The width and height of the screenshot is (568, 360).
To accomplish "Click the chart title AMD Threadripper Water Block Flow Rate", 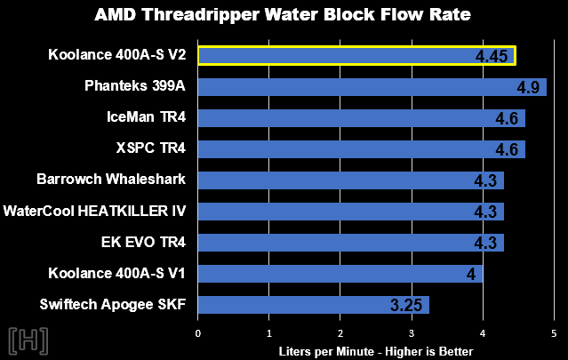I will pos(284,15).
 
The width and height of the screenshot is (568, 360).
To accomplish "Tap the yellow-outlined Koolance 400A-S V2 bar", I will pos(356,56).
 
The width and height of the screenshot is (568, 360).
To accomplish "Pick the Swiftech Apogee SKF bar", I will pos(313,305).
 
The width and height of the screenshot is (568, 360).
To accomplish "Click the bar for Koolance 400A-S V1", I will pos(340,274).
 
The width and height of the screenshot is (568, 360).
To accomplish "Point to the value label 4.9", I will pos(530,87).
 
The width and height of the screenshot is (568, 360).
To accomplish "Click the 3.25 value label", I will pos(407,306).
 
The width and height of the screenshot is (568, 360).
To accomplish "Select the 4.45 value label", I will pos(492,57).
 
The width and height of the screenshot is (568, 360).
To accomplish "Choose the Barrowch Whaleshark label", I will pos(111,180).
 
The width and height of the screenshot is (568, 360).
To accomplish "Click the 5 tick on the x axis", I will pos(553,333).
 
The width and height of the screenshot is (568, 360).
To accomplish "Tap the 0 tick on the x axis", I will pos(198,333).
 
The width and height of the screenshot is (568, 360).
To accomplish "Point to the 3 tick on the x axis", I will pos(412,333).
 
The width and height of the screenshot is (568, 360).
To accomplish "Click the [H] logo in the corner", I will pos(28,340).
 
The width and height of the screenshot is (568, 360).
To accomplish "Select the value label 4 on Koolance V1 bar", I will pos(470,275).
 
